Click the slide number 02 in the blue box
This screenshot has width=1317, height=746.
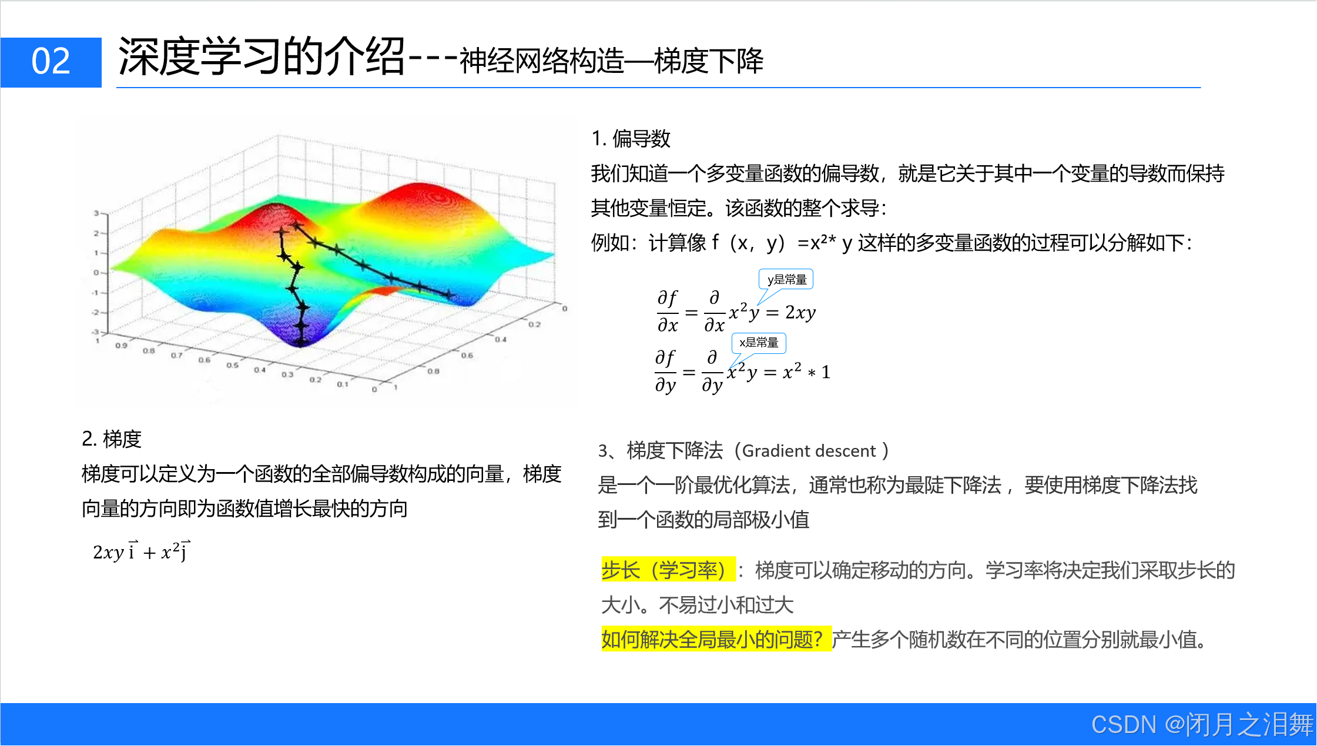coord(51,61)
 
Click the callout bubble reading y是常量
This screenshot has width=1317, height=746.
coord(786,279)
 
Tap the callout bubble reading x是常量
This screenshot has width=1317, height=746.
coord(759,343)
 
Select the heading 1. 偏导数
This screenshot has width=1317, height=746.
coord(631,139)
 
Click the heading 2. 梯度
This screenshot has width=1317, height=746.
coord(112,439)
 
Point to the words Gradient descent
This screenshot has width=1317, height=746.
coord(809,451)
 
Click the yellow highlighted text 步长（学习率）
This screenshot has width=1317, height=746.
coord(668,570)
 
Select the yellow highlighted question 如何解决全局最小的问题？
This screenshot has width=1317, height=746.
coord(716,639)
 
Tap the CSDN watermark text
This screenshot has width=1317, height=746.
coord(1202,724)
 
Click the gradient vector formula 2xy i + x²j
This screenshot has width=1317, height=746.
coord(142,551)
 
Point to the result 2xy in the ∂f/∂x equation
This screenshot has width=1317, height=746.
coord(800,312)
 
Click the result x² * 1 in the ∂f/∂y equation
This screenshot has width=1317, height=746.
coord(806,372)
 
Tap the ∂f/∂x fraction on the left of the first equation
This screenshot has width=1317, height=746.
coord(668,312)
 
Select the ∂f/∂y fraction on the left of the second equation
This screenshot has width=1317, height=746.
coord(665,372)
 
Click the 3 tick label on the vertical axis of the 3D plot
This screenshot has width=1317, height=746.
coord(96,213)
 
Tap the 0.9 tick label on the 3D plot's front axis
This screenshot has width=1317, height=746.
coord(121,346)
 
